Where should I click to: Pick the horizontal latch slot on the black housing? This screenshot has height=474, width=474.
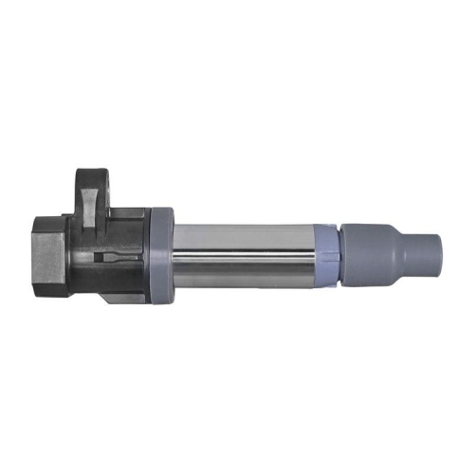[x=114, y=259]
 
